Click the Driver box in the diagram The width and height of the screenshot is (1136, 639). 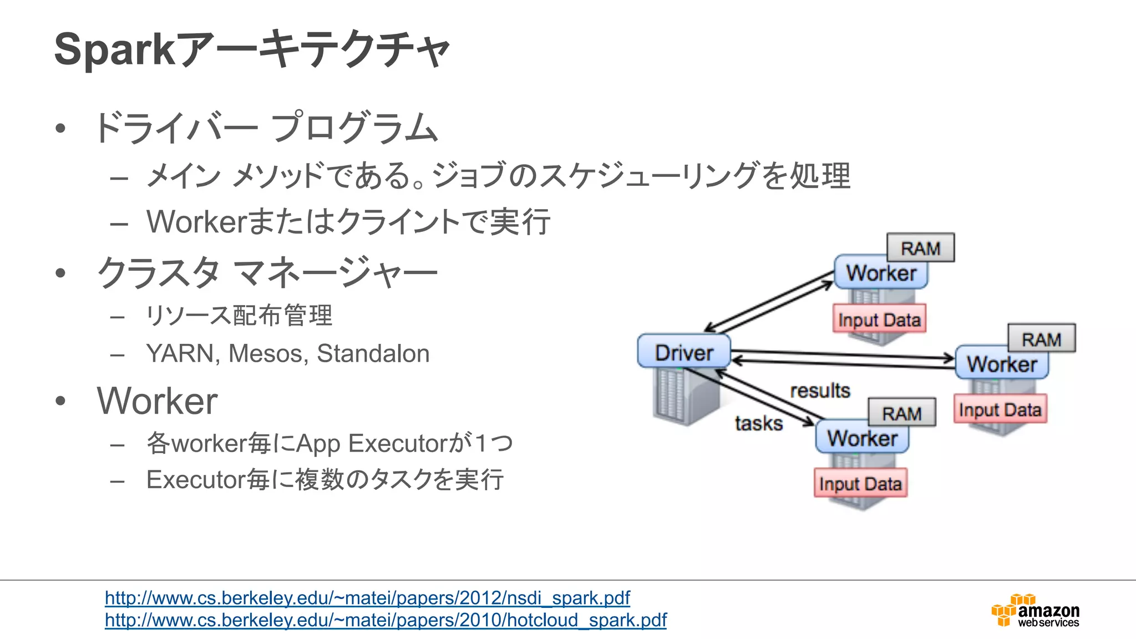[684, 351]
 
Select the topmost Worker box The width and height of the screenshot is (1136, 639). [881, 273]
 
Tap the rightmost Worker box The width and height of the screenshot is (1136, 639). [1002, 364]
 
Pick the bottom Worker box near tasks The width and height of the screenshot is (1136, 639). [862, 438]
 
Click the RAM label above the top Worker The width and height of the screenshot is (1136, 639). [921, 248]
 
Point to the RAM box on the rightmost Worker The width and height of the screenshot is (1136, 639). [1041, 338]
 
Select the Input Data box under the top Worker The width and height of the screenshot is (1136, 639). [879, 319]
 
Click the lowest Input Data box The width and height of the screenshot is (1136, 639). [860, 483]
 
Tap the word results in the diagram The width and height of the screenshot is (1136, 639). [820, 390]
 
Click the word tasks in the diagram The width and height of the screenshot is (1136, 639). [759, 423]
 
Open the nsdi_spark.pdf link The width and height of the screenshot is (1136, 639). [367, 598]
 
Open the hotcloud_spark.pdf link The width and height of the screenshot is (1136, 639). [386, 620]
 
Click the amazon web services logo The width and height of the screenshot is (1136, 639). [1036, 611]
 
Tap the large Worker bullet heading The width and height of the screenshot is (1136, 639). [157, 400]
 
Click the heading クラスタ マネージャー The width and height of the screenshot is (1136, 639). [267, 273]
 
